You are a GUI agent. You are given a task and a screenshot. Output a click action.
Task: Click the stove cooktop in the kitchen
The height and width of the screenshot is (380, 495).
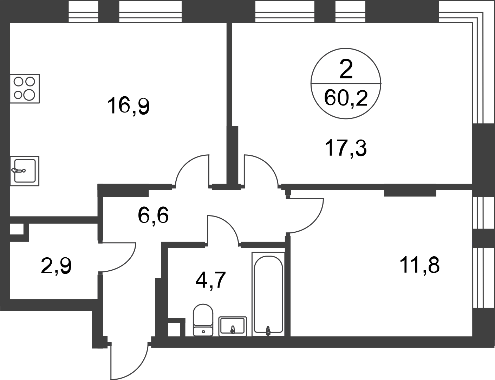[x=26, y=88]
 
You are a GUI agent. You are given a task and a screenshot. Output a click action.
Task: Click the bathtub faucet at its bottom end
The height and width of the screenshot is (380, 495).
[x=268, y=329]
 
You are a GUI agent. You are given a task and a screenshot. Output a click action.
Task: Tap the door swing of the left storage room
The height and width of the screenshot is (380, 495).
[x=119, y=257]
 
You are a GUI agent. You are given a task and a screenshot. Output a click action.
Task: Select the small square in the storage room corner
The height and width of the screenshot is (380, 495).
[x=17, y=230]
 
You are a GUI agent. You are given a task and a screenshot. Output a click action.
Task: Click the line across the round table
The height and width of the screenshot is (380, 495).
[x=346, y=84]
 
